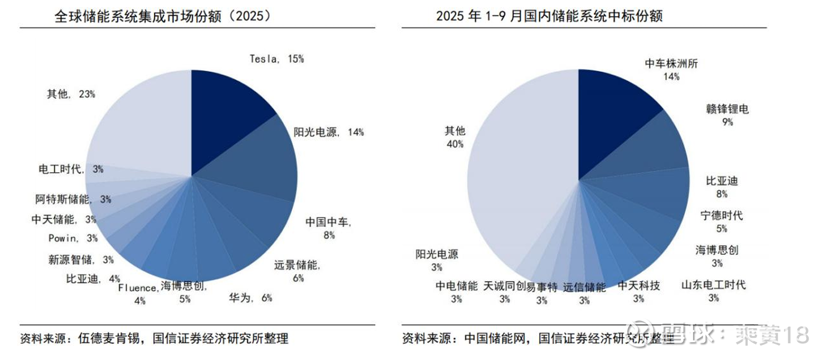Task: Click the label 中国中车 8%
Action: (x=328, y=228)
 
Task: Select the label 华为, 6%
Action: (x=250, y=298)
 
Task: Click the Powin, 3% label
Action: (x=73, y=239)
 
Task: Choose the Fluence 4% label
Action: (x=138, y=294)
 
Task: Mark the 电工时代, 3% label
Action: (x=71, y=169)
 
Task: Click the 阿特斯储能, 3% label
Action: (x=72, y=198)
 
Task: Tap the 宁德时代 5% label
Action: (x=722, y=221)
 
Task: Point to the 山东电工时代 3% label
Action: (x=714, y=291)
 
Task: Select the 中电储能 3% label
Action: (x=457, y=292)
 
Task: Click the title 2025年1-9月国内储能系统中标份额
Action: (x=549, y=16)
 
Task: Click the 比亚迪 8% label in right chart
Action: (x=722, y=187)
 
